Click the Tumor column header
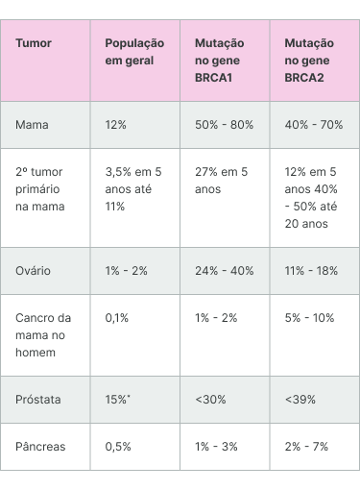tap(34, 43)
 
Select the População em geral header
tap(134, 52)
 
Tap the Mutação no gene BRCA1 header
tap(220, 61)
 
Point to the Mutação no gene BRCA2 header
tap(309, 61)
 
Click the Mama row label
tap(32, 125)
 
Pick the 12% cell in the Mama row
tap(115, 125)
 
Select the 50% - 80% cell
tap(224, 125)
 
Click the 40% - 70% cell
tap(314, 125)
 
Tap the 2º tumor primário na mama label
tap(39, 189)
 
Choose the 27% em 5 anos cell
tap(221, 181)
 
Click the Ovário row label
tap(33, 271)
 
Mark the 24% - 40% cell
tap(225, 271)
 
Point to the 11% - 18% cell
tap(311, 271)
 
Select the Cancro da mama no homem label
tap(43, 335)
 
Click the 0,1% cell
tap(117, 318)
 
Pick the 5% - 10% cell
tap(309, 318)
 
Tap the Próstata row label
tap(38, 400)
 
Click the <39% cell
tap(300, 400)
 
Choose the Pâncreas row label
tap(40, 447)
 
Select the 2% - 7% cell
tap(306, 447)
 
